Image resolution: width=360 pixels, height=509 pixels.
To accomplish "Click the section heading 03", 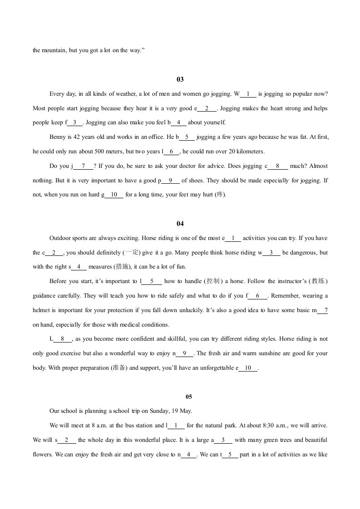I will click(x=180, y=80).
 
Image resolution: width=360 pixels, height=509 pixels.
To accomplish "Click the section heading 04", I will click(x=180, y=224).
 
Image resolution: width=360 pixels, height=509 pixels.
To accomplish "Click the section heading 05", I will click(x=189, y=397).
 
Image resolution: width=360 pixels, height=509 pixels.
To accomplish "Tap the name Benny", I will click(x=56, y=137).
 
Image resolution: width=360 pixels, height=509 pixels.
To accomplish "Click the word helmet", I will click(x=41, y=310).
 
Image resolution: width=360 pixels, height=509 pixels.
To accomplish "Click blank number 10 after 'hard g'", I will click(x=114, y=195).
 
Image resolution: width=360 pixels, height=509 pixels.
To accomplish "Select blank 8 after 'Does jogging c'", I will click(x=278, y=166).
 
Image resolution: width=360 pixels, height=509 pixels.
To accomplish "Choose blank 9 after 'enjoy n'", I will click(x=184, y=353).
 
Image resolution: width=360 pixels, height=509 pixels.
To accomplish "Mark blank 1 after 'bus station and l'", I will click(x=176, y=426).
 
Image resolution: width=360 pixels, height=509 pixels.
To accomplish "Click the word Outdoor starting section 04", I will click(x=60, y=238).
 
